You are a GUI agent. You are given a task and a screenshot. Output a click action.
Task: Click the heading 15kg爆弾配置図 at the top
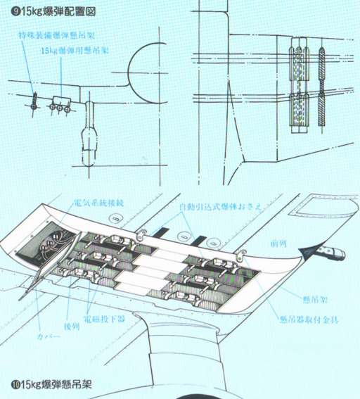[x=53, y=11]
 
